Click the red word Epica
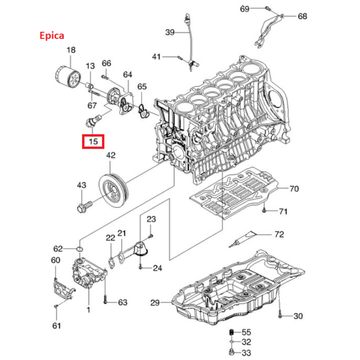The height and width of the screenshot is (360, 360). [51, 36]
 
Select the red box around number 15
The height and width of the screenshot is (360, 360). [93, 141]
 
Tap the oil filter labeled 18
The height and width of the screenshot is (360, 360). [68, 77]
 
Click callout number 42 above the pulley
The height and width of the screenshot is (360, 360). [111, 156]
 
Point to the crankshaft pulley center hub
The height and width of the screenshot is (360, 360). [113, 190]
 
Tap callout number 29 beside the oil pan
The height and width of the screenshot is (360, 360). [155, 303]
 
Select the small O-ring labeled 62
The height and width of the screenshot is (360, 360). [80, 249]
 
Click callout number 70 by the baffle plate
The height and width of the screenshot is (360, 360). [294, 189]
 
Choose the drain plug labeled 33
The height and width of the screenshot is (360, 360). [232, 351]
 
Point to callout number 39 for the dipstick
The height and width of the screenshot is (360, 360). [170, 32]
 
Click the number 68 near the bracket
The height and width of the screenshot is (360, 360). [302, 16]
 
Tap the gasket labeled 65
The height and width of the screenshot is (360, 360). [144, 112]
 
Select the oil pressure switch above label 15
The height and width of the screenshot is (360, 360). [93, 121]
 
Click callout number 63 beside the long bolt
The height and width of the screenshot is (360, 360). [123, 302]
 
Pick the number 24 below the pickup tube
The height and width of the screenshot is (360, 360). [158, 268]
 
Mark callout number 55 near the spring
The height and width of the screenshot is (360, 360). [246, 332]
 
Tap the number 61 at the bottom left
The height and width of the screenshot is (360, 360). [57, 325]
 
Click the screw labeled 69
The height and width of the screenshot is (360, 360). [267, 8]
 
